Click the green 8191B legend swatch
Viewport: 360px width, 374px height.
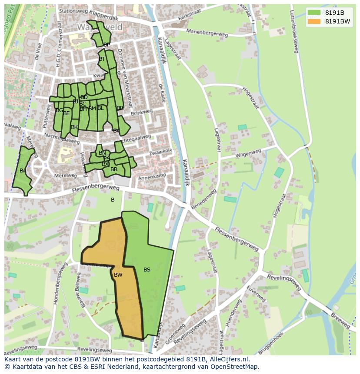314,13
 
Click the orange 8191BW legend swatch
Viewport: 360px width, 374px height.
314,21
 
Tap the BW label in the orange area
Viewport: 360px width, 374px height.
118,275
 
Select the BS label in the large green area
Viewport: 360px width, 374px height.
147,270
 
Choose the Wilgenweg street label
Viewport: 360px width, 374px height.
248,154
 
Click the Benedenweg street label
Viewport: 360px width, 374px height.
203,199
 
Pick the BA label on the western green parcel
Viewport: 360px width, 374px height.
23,171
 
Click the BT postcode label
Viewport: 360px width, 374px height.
102,59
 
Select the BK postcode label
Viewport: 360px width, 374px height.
74,127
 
